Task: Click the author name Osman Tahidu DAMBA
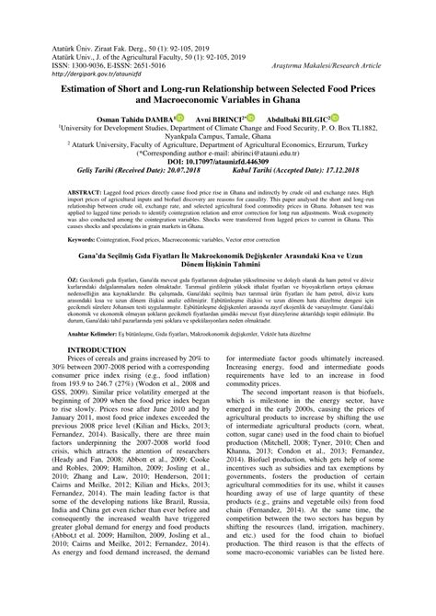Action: click(x=116, y=119)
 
